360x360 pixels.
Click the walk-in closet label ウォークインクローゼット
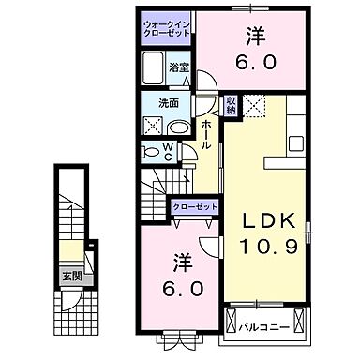pos(169,26)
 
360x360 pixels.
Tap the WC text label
pos(168,151)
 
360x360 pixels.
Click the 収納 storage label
pos(231,104)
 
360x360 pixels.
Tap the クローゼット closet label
pos(195,207)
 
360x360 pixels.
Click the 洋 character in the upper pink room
pos(256,36)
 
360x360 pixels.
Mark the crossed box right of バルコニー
pos(299,322)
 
